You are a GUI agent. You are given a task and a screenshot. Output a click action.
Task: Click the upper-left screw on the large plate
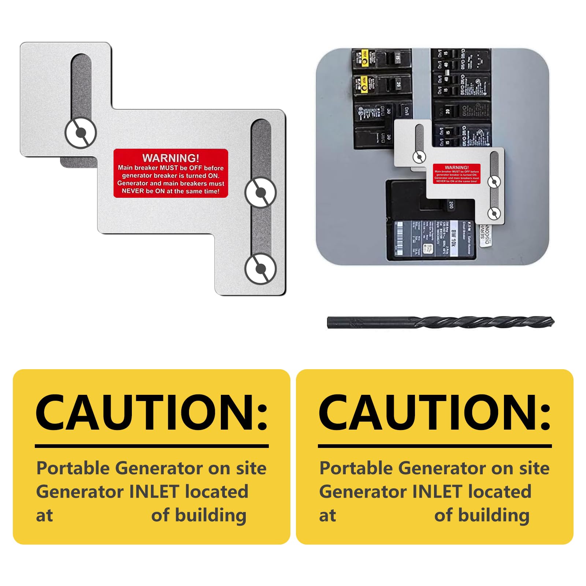coord(81,132)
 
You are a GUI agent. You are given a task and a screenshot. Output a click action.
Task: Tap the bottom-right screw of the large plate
coord(260,269)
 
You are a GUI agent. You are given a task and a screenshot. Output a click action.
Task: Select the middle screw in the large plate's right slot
coord(260,193)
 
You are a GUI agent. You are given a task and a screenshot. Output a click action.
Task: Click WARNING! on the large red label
coord(171,158)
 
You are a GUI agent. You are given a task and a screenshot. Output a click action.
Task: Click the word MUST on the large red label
coord(168,168)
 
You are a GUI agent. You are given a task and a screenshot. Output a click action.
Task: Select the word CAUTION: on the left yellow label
coord(151,413)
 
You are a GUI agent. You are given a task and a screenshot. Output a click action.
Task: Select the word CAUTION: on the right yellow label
coord(434,413)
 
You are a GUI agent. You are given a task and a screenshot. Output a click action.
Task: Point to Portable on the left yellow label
coord(73,468)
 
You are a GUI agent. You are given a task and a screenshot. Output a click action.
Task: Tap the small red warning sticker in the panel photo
coord(457,174)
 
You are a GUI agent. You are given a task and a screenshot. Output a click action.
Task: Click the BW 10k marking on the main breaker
coord(453,238)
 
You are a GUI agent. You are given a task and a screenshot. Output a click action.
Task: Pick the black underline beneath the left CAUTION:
coord(152,446)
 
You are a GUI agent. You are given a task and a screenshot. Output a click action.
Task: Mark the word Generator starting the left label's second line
coord(80,492)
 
